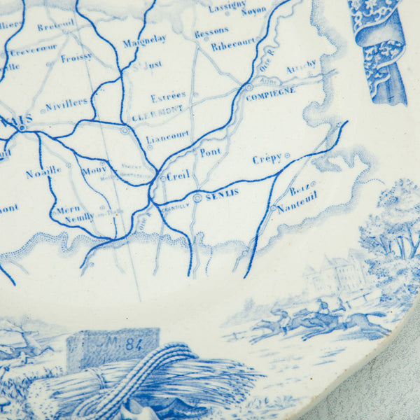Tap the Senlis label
[223, 192]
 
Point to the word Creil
[178, 177]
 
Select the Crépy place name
[267, 160]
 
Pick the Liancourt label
[168, 134]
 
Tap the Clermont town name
[157, 109]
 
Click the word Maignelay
[144, 41]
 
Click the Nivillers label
[66, 103]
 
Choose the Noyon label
[253, 11]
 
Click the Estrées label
[169, 96]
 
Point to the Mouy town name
[93, 169]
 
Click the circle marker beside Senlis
[197, 198]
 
